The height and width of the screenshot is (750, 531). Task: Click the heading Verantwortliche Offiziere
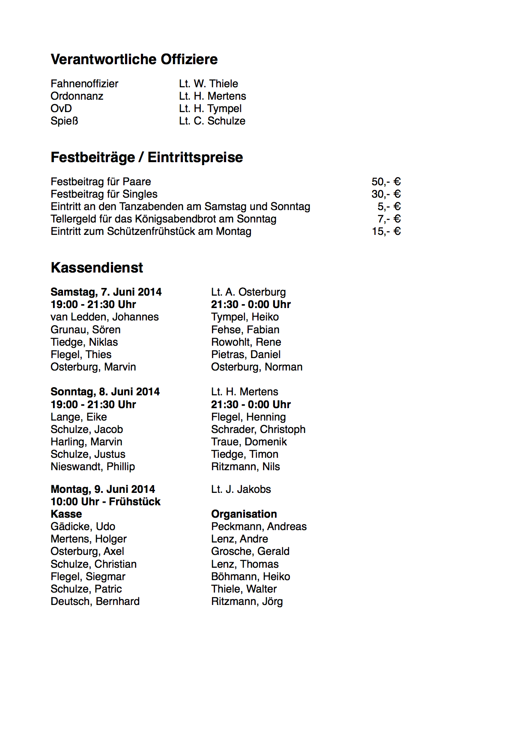[x=134, y=59]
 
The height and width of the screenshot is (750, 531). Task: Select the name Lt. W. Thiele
[x=209, y=84]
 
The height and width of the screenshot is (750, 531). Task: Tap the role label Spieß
[x=64, y=121]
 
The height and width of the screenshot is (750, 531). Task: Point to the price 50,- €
[x=386, y=182]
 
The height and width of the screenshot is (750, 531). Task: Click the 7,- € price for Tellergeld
[x=389, y=219]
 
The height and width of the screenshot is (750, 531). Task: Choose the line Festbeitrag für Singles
[x=104, y=194]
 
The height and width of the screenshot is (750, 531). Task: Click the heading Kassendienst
[x=97, y=268]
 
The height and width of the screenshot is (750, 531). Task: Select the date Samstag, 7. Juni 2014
[x=106, y=292]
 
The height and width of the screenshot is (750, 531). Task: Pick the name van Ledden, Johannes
[x=104, y=317]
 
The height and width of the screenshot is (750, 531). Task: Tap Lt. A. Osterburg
[x=248, y=292]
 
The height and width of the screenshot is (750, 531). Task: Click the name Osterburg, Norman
[x=257, y=367]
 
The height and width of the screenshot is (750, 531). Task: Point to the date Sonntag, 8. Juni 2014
[x=105, y=392]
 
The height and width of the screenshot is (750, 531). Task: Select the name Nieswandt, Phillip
[x=92, y=467]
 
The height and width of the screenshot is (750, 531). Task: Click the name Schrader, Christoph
[x=258, y=430]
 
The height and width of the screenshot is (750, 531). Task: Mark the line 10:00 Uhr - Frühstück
[x=105, y=502]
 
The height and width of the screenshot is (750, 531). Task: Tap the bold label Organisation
[x=244, y=514]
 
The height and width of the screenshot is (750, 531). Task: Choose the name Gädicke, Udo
[x=83, y=527]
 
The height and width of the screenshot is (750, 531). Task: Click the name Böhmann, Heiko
[x=251, y=577]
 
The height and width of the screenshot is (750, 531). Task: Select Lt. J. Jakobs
[x=241, y=489]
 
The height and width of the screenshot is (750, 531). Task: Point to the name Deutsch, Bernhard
[x=95, y=602]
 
